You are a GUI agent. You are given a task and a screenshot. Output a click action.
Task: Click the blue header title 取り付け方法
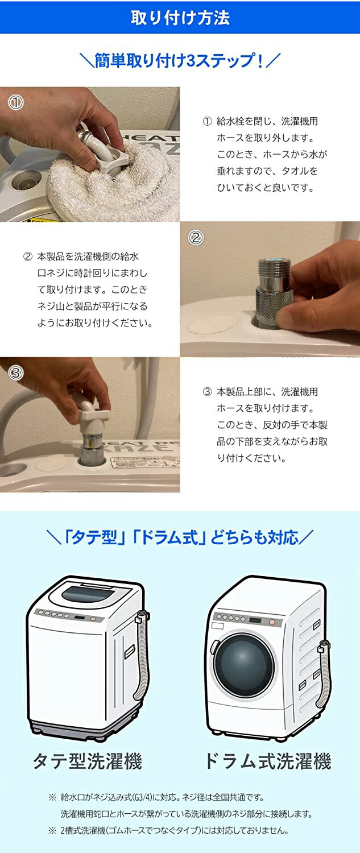(x=180, y=17)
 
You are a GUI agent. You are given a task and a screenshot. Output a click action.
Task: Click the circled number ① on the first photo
(x=15, y=103)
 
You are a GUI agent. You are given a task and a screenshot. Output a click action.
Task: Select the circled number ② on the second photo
(x=196, y=238)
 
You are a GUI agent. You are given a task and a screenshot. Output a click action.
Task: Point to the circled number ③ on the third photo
(x=15, y=373)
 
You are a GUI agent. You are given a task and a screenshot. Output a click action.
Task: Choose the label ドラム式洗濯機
(x=267, y=761)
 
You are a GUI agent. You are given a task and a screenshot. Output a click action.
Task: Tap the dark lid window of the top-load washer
(x=85, y=594)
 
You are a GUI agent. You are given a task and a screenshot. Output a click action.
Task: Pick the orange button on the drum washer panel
(x=272, y=623)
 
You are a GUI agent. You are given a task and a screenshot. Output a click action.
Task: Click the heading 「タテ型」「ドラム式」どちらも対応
(x=180, y=537)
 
